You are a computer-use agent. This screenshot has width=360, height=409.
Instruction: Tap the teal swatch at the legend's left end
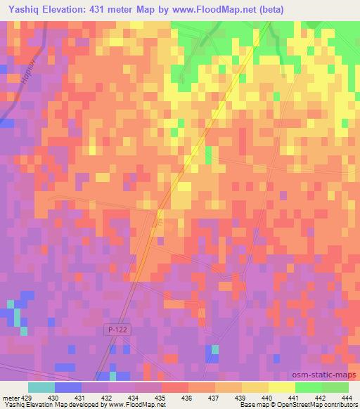41,387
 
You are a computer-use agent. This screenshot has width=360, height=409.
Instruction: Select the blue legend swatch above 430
67,387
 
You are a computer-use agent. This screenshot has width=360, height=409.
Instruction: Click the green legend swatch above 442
309,387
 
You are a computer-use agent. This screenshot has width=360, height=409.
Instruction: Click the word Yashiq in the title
18,10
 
